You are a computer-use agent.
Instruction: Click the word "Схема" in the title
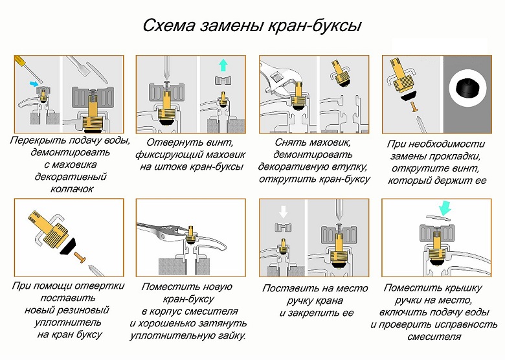coord(169,25)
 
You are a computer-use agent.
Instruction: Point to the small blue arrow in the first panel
coord(33,84)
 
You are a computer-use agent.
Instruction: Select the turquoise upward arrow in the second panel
coord(223,65)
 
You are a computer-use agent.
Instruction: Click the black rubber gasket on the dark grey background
coord(467,87)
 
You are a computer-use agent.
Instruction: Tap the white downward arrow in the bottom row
coord(283,211)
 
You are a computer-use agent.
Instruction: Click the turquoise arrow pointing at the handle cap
coord(445,208)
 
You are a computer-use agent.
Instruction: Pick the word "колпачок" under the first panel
coord(72,188)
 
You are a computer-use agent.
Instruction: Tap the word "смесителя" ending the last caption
coord(434,337)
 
